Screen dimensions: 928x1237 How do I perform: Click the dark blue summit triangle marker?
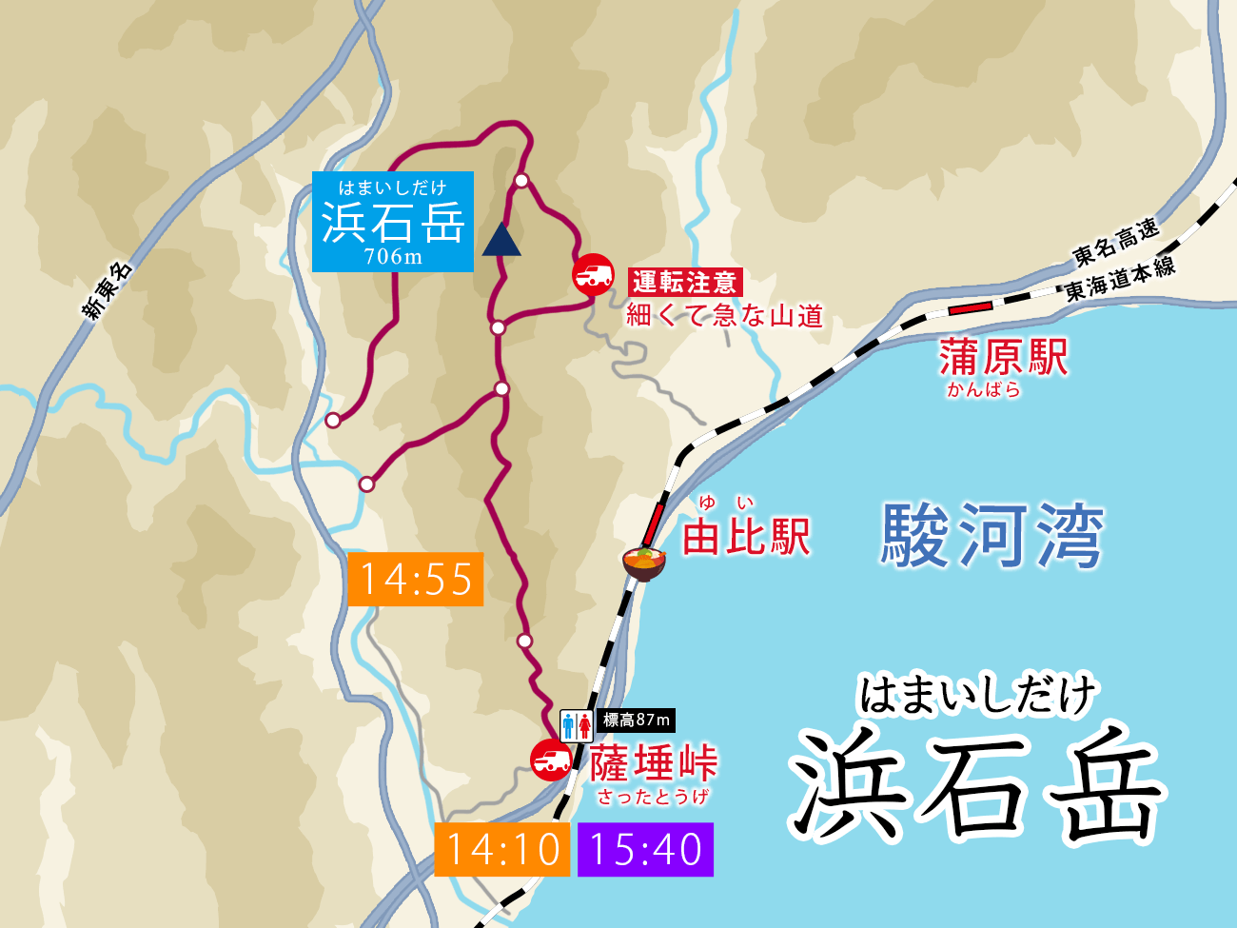click(x=501, y=241)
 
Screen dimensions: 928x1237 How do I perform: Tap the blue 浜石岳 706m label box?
click(x=392, y=222)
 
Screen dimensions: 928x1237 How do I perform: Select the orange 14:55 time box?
click(x=416, y=579)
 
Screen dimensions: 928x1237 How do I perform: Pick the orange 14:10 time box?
click(x=502, y=849)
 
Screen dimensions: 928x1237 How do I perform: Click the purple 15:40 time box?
click(x=645, y=849)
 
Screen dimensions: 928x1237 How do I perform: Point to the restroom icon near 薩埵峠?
click(x=577, y=725)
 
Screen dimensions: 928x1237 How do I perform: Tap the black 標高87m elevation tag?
click(x=637, y=721)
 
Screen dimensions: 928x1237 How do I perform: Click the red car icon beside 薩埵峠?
click(x=551, y=760)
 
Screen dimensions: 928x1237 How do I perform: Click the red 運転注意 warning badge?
click(x=685, y=282)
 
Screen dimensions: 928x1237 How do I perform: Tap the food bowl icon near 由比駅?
click(x=644, y=561)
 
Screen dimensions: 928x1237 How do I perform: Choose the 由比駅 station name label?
click(x=746, y=537)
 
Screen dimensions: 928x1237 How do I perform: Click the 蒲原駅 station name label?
click(x=1004, y=358)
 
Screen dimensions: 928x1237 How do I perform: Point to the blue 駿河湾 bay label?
click(x=992, y=536)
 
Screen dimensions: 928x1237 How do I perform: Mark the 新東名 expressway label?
click(x=108, y=290)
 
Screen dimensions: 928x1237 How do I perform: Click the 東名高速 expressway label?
click(x=1116, y=242)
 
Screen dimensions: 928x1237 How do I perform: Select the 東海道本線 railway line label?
click(x=1120, y=278)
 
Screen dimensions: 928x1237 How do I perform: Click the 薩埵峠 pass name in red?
click(x=653, y=763)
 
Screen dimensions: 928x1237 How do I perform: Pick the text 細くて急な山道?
click(x=724, y=315)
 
